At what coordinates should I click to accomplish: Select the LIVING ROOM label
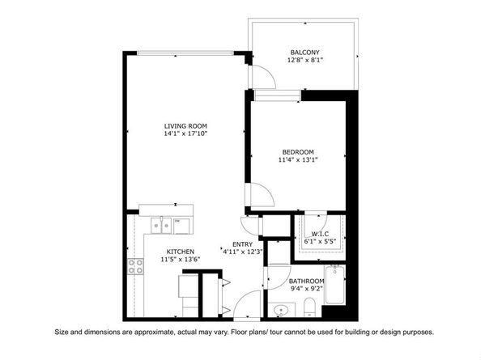pyautogui.click(x=185, y=126)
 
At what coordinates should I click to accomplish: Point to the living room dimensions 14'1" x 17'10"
pyautogui.click(x=185, y=134)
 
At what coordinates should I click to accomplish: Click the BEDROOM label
pyautogui.click(x=297, y=152)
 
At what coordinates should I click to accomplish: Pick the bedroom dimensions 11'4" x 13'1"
pyautogui.click(x=297, y=160)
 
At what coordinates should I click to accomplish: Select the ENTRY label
pyautogui.click(x=242, y=244)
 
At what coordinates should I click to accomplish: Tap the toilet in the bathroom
pyautogui.click(x=310, y=307)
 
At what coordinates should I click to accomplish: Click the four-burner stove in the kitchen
pyautogui.click(x=134, y=266)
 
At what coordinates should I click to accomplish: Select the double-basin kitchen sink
pyautogui.click(x=172, y=224)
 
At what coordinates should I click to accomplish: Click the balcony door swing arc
pyautogui.click(x=259, y=76)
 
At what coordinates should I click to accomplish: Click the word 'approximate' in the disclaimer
pyautogui.click(x=151, y=332)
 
